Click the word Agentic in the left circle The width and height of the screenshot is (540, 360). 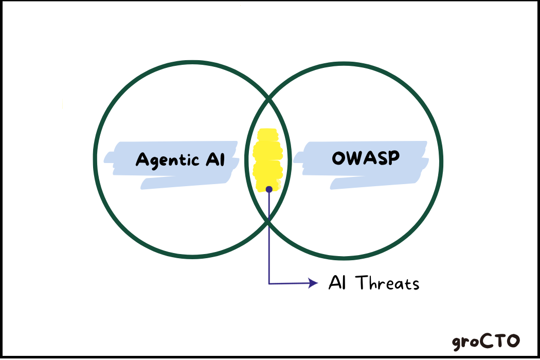pyautogui.click(x=167, y=159)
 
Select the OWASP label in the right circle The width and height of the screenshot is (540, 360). pyautogui.click(x=366, y=157)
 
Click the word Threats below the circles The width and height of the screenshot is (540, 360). pyautogui.click(x=388, y=283)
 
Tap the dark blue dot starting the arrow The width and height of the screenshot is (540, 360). pyautogui.click(x=269, y=189)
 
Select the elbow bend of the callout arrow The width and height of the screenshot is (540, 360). pyautogui.click(x=269, y=283)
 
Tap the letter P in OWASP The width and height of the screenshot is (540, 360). pyautogui.click(x=393, y=157)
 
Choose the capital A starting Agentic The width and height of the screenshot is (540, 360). pyautogui.click(x=141, y=160)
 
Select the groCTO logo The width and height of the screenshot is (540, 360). pyautogui.click(x=486, y=341)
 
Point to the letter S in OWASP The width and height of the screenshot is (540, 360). pyautogui.click(x=382, y=157)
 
